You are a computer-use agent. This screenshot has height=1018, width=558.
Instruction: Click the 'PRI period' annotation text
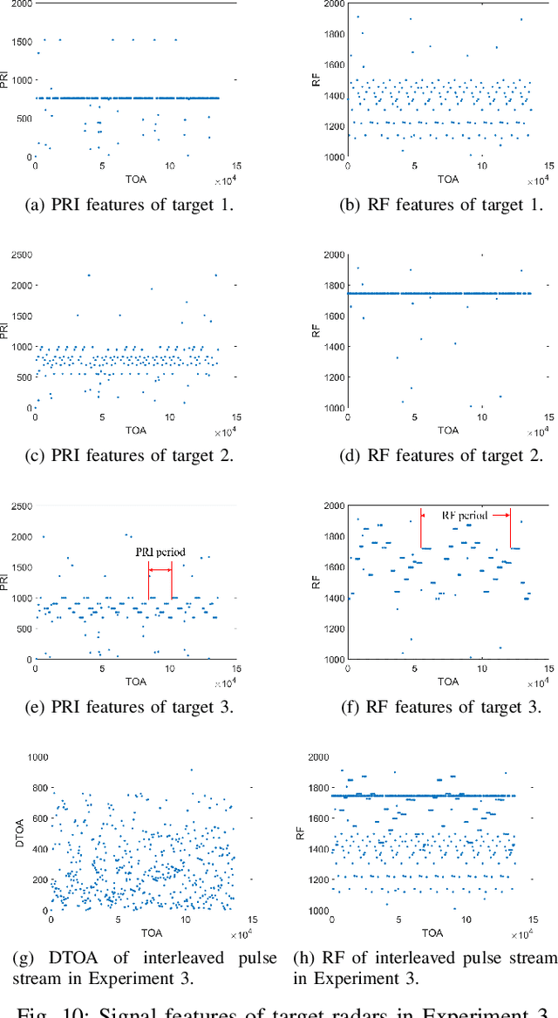click(x=160, y=553)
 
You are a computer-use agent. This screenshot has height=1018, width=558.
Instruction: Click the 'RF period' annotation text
click(x=464, y=516)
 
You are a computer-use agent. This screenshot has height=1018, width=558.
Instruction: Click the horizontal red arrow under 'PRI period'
click(x=160, y=571)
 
